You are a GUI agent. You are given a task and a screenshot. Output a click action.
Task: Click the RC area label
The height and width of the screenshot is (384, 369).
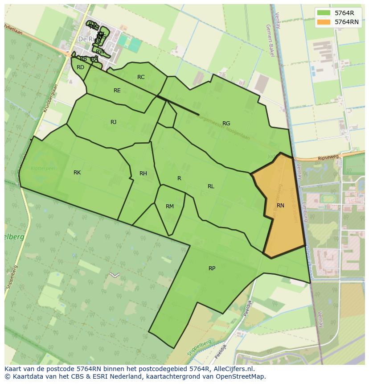141,77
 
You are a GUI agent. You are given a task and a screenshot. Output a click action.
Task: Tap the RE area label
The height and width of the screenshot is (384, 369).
117,91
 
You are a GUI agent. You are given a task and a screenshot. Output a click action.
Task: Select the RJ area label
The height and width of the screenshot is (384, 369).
113,122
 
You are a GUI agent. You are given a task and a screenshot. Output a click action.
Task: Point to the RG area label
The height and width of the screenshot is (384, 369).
226,124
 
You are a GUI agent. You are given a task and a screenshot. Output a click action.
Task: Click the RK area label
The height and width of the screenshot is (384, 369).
77,173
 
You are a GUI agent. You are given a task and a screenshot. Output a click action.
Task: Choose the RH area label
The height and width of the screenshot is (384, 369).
143,173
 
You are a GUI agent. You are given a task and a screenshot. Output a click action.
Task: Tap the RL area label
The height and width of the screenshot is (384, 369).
211,186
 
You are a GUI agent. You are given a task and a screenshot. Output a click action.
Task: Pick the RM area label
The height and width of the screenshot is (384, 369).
169,206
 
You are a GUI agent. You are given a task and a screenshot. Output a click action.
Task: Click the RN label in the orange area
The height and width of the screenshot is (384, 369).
280,206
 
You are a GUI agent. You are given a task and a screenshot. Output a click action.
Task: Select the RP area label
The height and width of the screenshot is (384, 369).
212,268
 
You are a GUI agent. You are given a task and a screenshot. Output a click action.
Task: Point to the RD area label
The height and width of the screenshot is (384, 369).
80,68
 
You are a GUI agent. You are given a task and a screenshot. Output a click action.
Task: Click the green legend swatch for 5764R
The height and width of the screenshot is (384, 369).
324,13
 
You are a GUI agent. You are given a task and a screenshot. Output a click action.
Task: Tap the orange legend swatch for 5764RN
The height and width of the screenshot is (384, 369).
324,22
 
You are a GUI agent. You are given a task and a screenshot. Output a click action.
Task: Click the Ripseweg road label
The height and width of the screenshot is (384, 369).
328,157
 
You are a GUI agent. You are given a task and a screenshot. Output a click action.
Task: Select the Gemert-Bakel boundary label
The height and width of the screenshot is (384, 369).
270,41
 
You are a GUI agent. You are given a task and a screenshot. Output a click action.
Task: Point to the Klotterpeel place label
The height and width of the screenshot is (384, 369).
42,169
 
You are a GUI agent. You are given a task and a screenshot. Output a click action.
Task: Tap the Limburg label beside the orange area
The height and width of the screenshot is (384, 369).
305,211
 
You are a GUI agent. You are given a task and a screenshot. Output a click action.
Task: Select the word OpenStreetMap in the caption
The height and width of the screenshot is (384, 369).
241,376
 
